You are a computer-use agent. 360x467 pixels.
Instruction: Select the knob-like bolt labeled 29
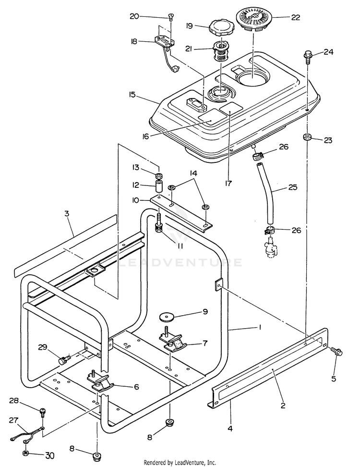point(62,358)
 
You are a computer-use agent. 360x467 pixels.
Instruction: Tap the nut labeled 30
point(25,453)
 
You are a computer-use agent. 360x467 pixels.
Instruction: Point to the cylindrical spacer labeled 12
point(158,185)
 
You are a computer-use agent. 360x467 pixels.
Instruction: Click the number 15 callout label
point(132,95)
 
